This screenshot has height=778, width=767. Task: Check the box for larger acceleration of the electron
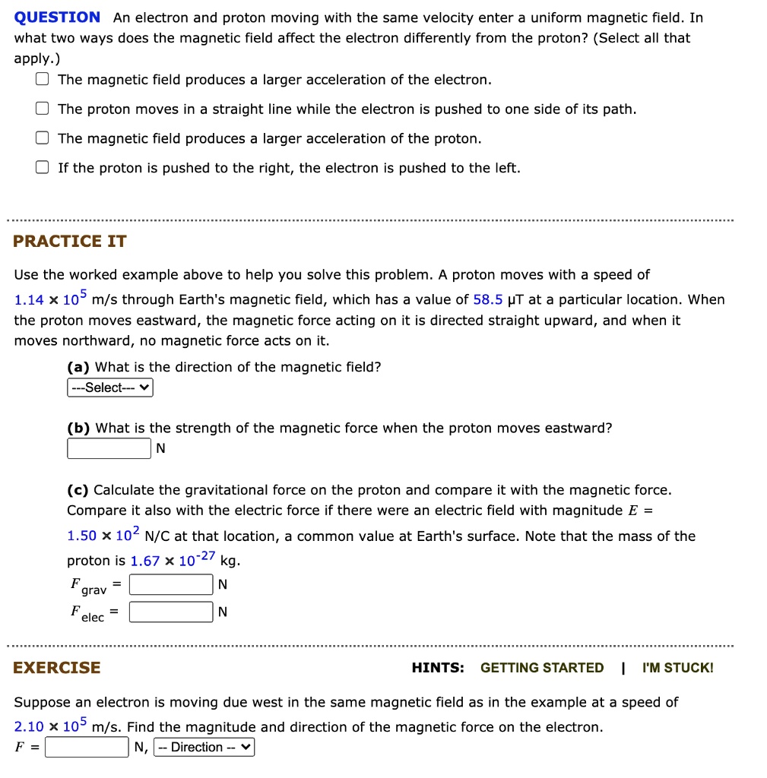pyautogui.click(x=43, y=80)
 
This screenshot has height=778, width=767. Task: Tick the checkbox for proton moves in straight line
pyautogui.click(x=43, y=109)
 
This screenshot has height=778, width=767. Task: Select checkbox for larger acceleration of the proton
pyautogui.click(x=43, y=138)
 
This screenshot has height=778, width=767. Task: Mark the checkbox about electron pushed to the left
pyautogui.click(x=43, y=168)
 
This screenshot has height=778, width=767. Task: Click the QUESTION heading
pyautogui.click(x=58, y=17)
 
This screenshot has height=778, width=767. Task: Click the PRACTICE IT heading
pyautogui.click(x=70, y=242)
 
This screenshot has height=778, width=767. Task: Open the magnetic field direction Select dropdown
pyautogui.click(x=110, y=388)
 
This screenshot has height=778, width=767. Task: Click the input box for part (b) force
pyautogui.click(x=109, y=449)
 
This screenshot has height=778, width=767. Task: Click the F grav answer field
pyautogui.click(x=171, y=584)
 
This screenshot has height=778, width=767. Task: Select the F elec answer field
pyautogui.click(x=171, y=612)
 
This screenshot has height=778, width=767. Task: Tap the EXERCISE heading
pyautogui.click(x=57, y=668)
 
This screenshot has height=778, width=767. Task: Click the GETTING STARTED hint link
pyautogui.click(x=542, y=668)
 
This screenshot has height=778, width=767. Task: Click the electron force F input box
pyautogui.click(x=87, y=748)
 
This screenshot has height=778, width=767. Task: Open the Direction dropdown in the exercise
pyautogui.click(x=204, y=748)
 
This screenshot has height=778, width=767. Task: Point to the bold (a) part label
pyautogui.click(x=79, y=368)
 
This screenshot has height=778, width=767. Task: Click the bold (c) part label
pyautogui.click(x=78, y=490)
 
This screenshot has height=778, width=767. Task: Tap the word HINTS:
pyautogui.click(x=438, y=668)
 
